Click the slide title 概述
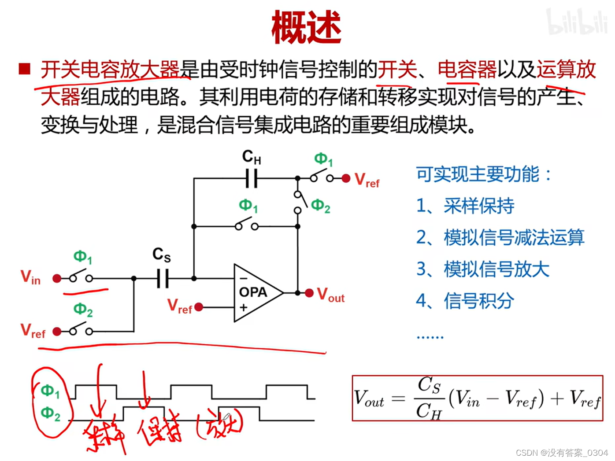306,27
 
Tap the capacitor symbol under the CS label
163,278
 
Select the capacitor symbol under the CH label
252,178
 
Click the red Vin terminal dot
57,278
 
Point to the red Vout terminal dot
309,293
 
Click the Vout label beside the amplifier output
331,295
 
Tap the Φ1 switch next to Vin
81,277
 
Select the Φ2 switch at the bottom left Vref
81,330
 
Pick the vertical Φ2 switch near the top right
300,202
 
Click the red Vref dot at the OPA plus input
199,307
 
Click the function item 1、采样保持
465,206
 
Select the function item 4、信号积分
465,301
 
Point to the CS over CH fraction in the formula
429,398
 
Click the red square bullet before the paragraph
25,69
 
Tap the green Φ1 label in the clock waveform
50,391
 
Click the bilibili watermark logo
577,22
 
